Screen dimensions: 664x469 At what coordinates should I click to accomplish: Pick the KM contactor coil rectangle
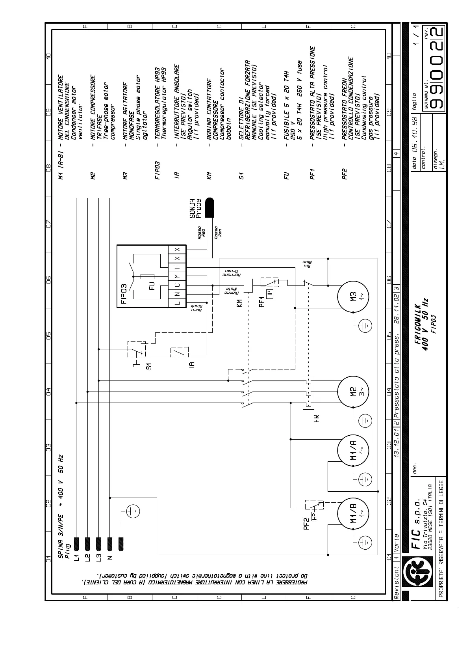248,285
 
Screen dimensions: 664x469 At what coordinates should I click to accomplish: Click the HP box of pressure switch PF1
270,293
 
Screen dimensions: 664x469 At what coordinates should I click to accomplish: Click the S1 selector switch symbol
136,349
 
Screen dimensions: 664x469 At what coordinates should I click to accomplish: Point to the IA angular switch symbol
179,352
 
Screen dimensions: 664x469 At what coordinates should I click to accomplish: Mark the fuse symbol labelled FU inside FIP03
149,276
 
